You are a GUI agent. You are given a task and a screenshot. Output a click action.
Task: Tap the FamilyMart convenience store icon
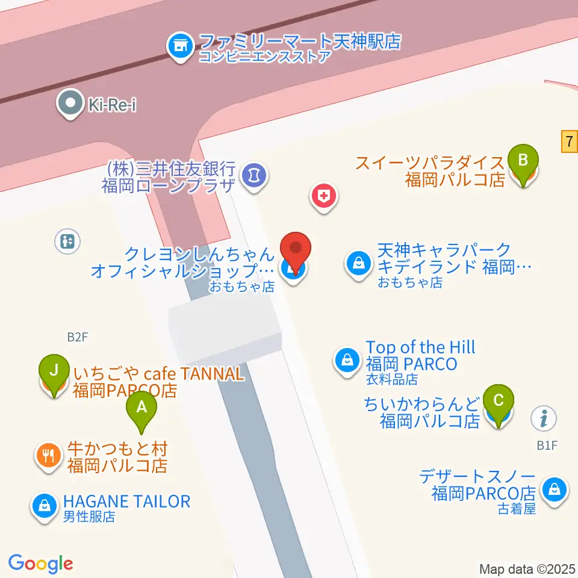pyautogui.click(x=179, y=43)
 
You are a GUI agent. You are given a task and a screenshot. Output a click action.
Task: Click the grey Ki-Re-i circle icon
pyautogui.click(x=70, y=104)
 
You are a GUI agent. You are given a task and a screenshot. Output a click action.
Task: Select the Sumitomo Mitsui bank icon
pyautogui.click(x=255, y=175)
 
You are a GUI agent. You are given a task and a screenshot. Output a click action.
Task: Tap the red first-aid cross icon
pyautogui.click(x=324, y=196)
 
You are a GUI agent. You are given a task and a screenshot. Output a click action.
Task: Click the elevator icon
pyautogui.click(x=66, y=241)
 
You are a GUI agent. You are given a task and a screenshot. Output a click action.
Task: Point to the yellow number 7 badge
pyautogui.click(x=569, y=142)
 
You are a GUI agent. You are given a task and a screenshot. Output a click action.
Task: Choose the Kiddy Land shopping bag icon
pyautogui.click(x=358, y=263)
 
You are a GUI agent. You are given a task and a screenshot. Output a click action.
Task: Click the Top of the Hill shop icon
pyautogui.click(x=347, y=361)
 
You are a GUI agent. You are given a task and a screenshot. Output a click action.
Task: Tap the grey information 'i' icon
pyautogui.click(x=544, y=417)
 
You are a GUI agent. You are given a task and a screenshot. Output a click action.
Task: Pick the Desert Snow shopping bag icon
pyautogui.click(x=553, y=489)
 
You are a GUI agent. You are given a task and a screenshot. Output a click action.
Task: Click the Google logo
pyautogui.click(x=40, y=564)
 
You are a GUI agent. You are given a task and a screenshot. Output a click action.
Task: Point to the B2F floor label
pyautogui.click(x=77, y=337)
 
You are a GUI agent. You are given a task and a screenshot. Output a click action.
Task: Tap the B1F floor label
pyautogui.click(x=548, y=446)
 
